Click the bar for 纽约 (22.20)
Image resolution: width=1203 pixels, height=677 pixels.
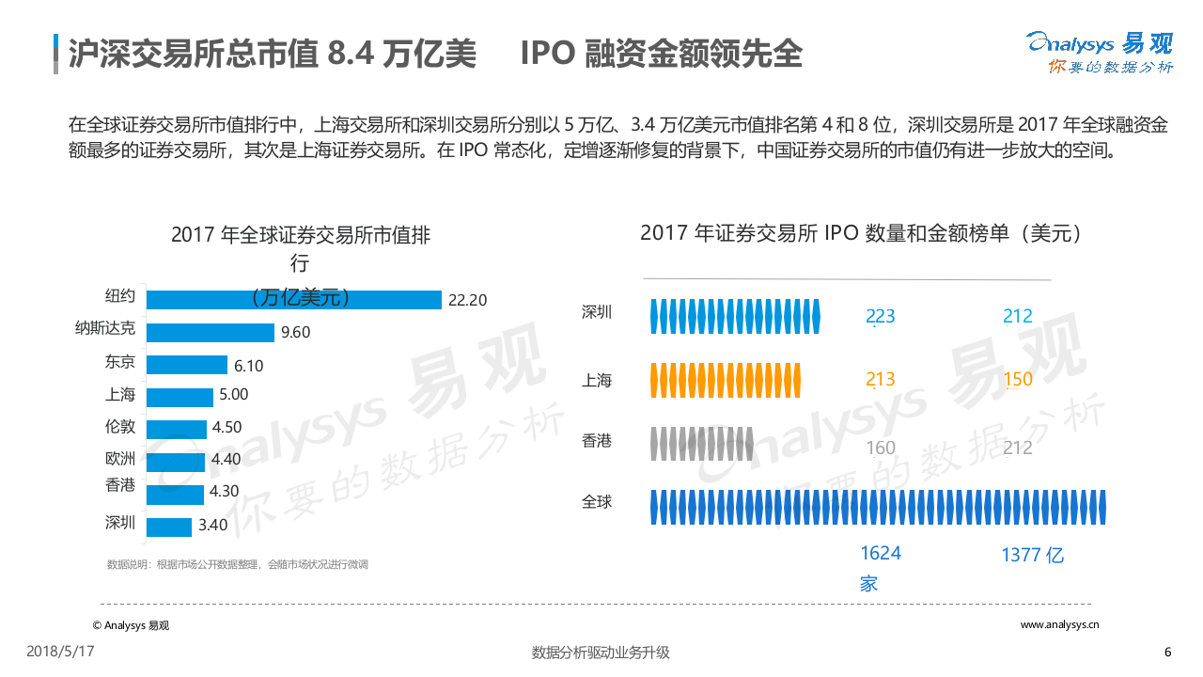(294, 299)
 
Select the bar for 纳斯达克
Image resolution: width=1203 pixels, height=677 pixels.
(211, 332)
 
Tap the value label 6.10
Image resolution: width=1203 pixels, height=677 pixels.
(249, 365)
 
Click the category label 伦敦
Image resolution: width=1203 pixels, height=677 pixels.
(120, 426)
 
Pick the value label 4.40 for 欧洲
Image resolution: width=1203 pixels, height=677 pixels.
(227, 460)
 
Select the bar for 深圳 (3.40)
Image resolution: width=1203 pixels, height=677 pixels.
(169, 527)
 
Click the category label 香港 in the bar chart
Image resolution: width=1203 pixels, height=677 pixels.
(120, 485)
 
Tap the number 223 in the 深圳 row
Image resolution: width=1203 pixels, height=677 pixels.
(880, 317)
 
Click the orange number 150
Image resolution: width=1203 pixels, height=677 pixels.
(1017, 380)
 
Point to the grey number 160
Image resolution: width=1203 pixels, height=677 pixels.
(880, 448)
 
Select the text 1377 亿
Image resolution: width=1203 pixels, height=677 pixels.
(1032, 555)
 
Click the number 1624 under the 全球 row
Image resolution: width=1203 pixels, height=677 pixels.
(880, 553)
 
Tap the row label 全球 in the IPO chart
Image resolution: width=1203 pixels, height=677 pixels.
(597, 502)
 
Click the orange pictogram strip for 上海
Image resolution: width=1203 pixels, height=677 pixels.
(726, 380)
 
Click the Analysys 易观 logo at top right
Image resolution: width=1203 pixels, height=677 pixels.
(1100, 52)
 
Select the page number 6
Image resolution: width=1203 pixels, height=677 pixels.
(1168, 653)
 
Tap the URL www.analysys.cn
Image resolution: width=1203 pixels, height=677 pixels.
(1059, 624)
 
